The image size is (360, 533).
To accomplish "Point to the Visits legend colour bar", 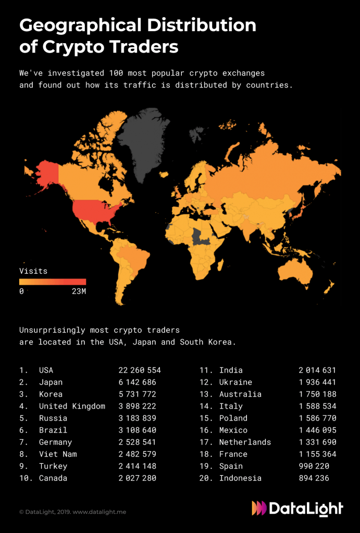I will point(52,282).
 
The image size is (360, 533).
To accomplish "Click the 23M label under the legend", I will point(79,291).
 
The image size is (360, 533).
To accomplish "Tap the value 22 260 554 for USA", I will point(140,371).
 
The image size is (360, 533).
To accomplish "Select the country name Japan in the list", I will point(51,383).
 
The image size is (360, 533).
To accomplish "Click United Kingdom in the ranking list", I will point(72,407).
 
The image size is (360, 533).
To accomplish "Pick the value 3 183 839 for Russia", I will point(137,418).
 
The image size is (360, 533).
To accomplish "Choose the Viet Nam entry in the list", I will point(58,454).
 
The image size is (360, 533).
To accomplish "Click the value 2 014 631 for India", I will point(317,371).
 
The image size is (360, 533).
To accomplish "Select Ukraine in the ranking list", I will point(235,383).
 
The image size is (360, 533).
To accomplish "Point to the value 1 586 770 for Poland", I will point(317,418).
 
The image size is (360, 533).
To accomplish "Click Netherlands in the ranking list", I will point(245,442).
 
